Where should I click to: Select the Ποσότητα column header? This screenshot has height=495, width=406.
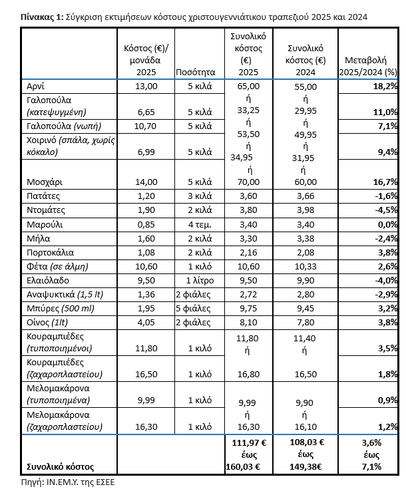(193, 73)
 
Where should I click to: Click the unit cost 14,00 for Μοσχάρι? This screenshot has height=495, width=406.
(146, 181)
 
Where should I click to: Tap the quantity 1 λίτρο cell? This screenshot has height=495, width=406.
(198, 280)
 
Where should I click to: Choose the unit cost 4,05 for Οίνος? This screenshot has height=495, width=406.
(146, 322)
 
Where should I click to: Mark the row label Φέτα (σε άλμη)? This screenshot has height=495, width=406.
(57, 266)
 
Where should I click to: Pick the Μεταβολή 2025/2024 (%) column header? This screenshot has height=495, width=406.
(368, 66)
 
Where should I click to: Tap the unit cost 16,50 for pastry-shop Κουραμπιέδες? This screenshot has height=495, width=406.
(146, 375)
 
